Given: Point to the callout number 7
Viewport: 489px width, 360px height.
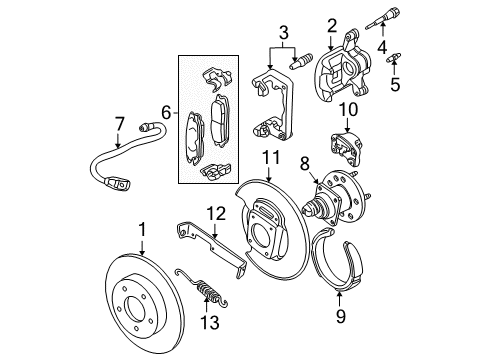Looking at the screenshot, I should pos(119,123).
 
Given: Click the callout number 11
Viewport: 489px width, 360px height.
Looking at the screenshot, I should pos(269,158).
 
